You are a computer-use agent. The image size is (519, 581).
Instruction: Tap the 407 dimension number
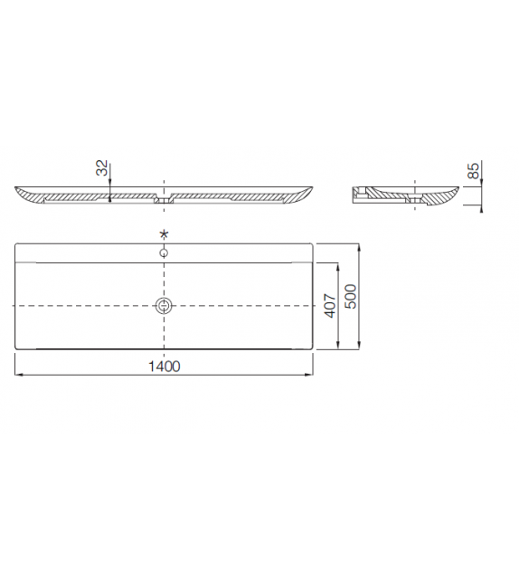tap(330, 305)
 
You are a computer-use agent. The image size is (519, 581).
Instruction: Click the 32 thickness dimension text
tap(103, 167)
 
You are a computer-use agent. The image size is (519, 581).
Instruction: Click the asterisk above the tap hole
tap(164, 235)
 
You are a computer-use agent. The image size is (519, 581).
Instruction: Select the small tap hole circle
tap(164, 252)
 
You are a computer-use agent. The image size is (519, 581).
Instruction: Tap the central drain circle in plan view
tap(164, 305)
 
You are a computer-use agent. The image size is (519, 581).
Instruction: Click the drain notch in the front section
tap(164, 196)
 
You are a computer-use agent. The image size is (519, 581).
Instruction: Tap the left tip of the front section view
tap(15, 188)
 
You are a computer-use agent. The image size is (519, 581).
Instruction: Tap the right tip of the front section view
tap(313, 188)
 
